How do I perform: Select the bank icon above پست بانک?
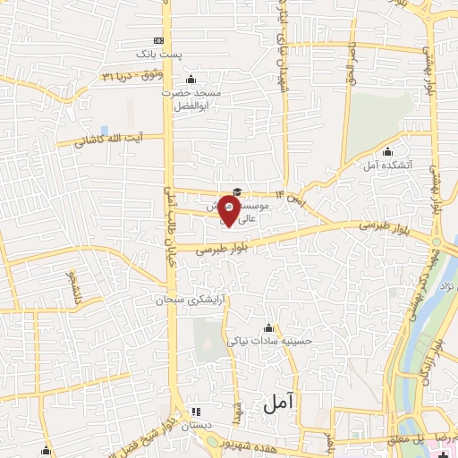[x=159, y=41]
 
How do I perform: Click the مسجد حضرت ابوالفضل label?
[x=185, y=98]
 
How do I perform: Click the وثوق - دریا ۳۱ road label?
[x=134, y=76]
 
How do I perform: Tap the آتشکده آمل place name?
[x=386, y=165]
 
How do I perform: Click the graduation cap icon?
[x=237, y=191]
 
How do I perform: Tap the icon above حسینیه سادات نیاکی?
[x=269, y=326]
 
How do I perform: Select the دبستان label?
[x=198, y=427]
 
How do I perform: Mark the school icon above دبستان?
[x=197, y=411]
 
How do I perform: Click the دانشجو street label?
[x=71, y=288]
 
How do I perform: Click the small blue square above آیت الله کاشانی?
[x=106, y=131]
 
